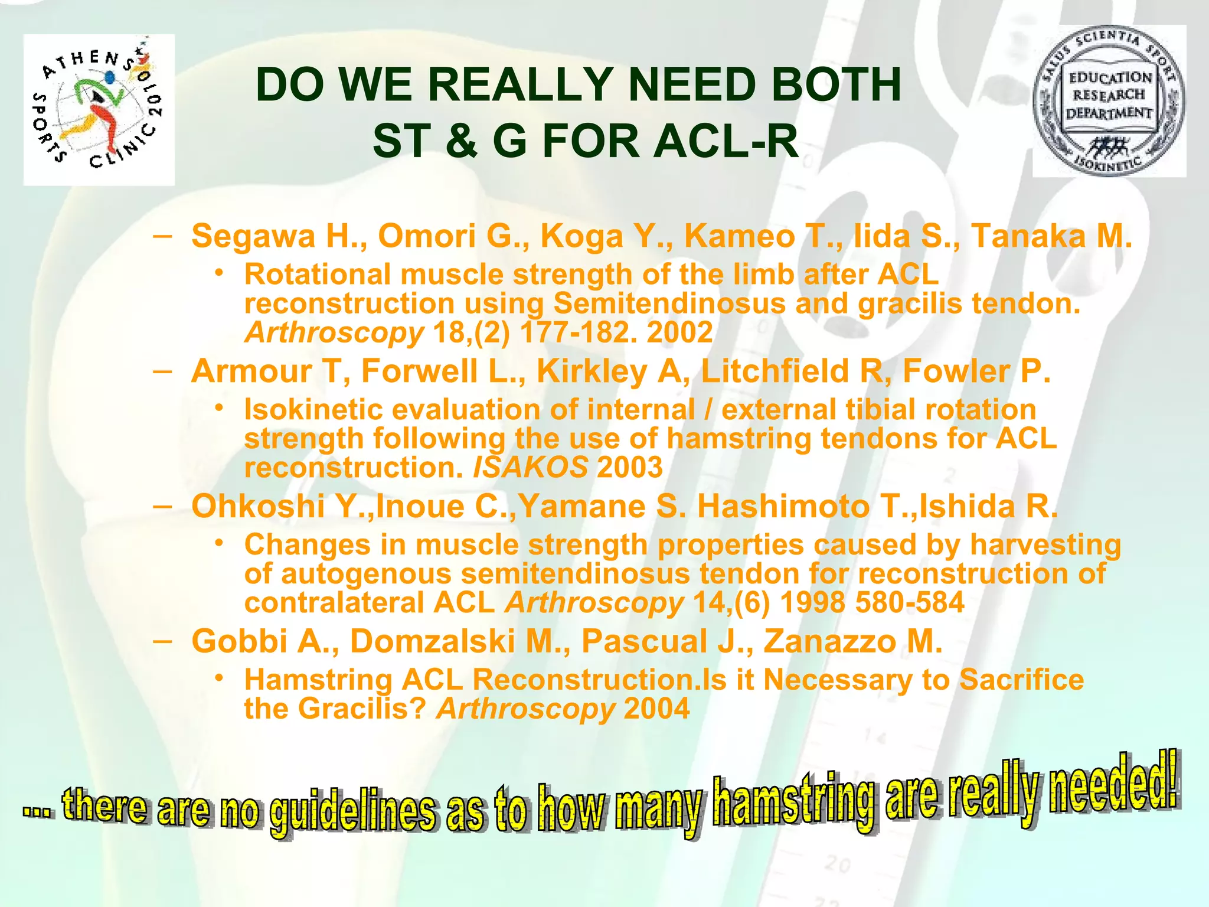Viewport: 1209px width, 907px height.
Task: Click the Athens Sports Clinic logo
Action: [99, 110]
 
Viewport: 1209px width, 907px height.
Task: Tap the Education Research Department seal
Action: [1109, 101]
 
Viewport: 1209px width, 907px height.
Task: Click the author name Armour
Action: [251, 371]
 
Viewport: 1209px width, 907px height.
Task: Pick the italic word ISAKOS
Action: [530, 468]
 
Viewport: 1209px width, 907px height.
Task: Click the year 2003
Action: [630, 468]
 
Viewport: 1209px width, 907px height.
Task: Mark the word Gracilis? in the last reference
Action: [362, 709]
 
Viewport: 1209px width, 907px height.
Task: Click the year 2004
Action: [656, 709]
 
